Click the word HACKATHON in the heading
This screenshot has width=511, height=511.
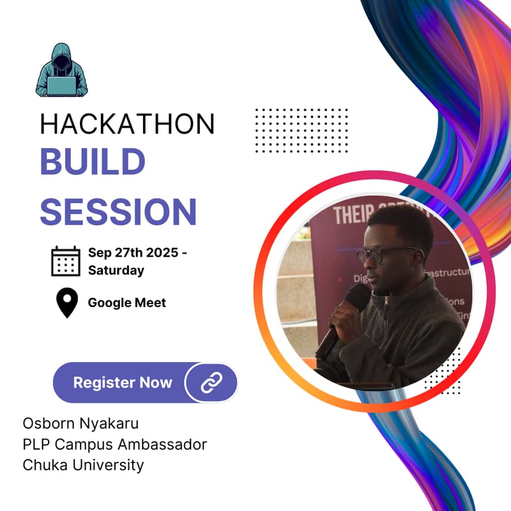128,124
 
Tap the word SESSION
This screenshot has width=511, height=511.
118,211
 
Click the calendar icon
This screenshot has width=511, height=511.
66,261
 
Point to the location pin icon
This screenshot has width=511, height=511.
67,303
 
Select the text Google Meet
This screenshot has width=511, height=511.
126,303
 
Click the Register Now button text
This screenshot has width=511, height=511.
123,383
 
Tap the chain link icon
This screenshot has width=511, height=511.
211,383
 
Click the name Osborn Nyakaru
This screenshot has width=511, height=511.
80,423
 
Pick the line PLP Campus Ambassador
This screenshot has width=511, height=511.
115,444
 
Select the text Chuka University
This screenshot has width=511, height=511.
83,464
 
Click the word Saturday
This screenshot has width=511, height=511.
116,270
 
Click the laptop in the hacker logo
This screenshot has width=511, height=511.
62,85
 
